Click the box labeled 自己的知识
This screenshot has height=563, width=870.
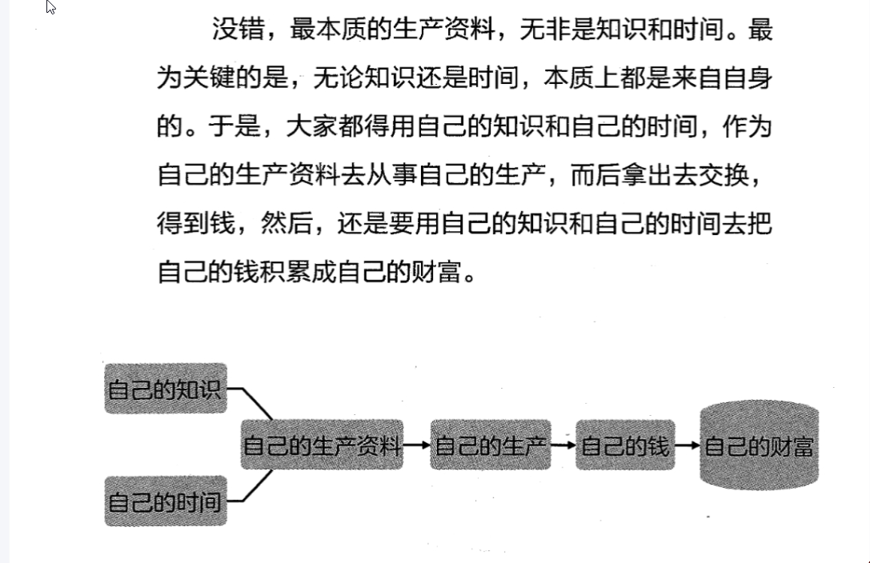coord(166,389)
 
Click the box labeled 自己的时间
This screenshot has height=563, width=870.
coord(166,501)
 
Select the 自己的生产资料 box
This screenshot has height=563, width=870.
coord(322,445)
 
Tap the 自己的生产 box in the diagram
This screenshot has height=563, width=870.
coord(491,445)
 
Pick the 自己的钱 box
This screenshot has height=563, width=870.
coord(625,445)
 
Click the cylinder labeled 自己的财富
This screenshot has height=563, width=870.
coord(759,445)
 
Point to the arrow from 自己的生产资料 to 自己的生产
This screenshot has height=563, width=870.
coord(416,445)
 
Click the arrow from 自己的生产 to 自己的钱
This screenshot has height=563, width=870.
coord(563,445)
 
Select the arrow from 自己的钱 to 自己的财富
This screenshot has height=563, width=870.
coord(688,445)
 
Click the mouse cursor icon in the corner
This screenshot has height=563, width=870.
coord(51,8)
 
